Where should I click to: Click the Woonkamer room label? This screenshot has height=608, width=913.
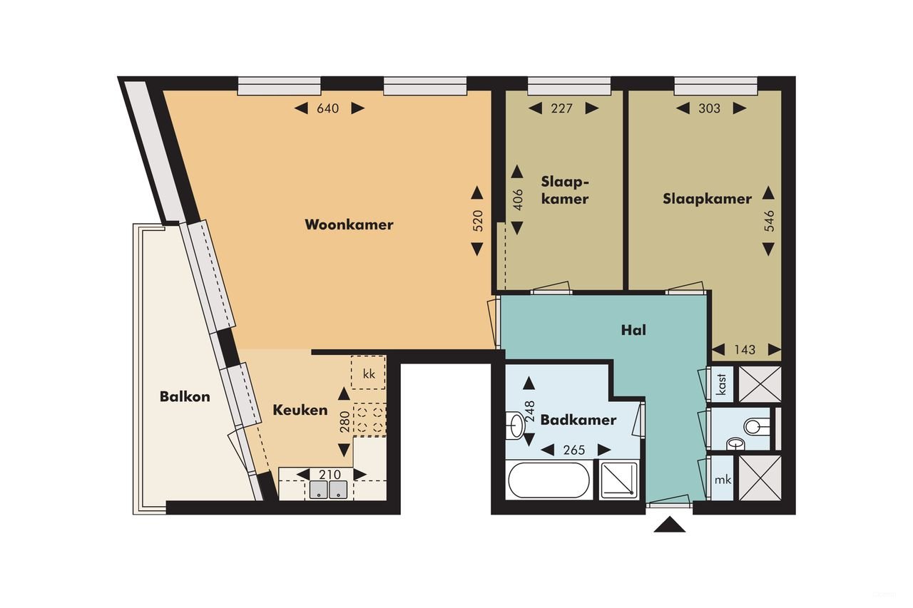[x=349, y=225]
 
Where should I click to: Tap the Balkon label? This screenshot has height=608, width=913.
[x=185, y=396]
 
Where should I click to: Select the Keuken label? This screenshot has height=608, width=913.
[x=300, y=410]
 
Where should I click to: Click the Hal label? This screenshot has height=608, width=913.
[x=633, y=330]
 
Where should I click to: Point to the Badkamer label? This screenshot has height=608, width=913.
[x=578, y=420]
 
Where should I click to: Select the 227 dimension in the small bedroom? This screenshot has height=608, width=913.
[x=563, y=108]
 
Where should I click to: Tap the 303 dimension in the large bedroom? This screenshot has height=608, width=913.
[x=710, y=108]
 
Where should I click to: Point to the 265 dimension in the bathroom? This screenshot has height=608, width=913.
[x=573, y=450]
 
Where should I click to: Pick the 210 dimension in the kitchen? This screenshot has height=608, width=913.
[x=330, y=475]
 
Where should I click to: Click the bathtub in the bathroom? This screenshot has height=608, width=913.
[x=548, y=480]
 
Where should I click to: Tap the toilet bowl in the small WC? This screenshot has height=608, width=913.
[x=755, y=427]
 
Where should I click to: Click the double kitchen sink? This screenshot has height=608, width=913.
[x=328, y=490]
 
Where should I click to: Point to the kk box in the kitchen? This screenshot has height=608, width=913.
[x=369, y=373]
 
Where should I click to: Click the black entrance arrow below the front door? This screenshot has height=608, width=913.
[x=669, y=525]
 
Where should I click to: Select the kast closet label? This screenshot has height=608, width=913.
[x=722, y=384]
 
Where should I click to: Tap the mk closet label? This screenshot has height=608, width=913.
[x=723, y=480]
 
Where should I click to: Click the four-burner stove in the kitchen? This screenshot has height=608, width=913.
[x=370, y=420]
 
